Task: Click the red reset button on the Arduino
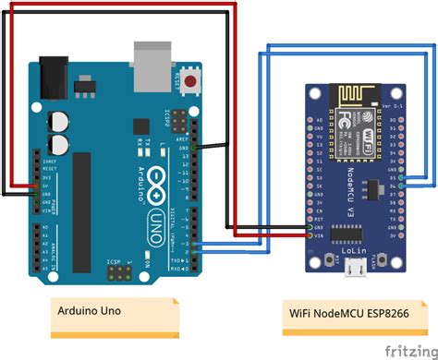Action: [192, 82]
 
